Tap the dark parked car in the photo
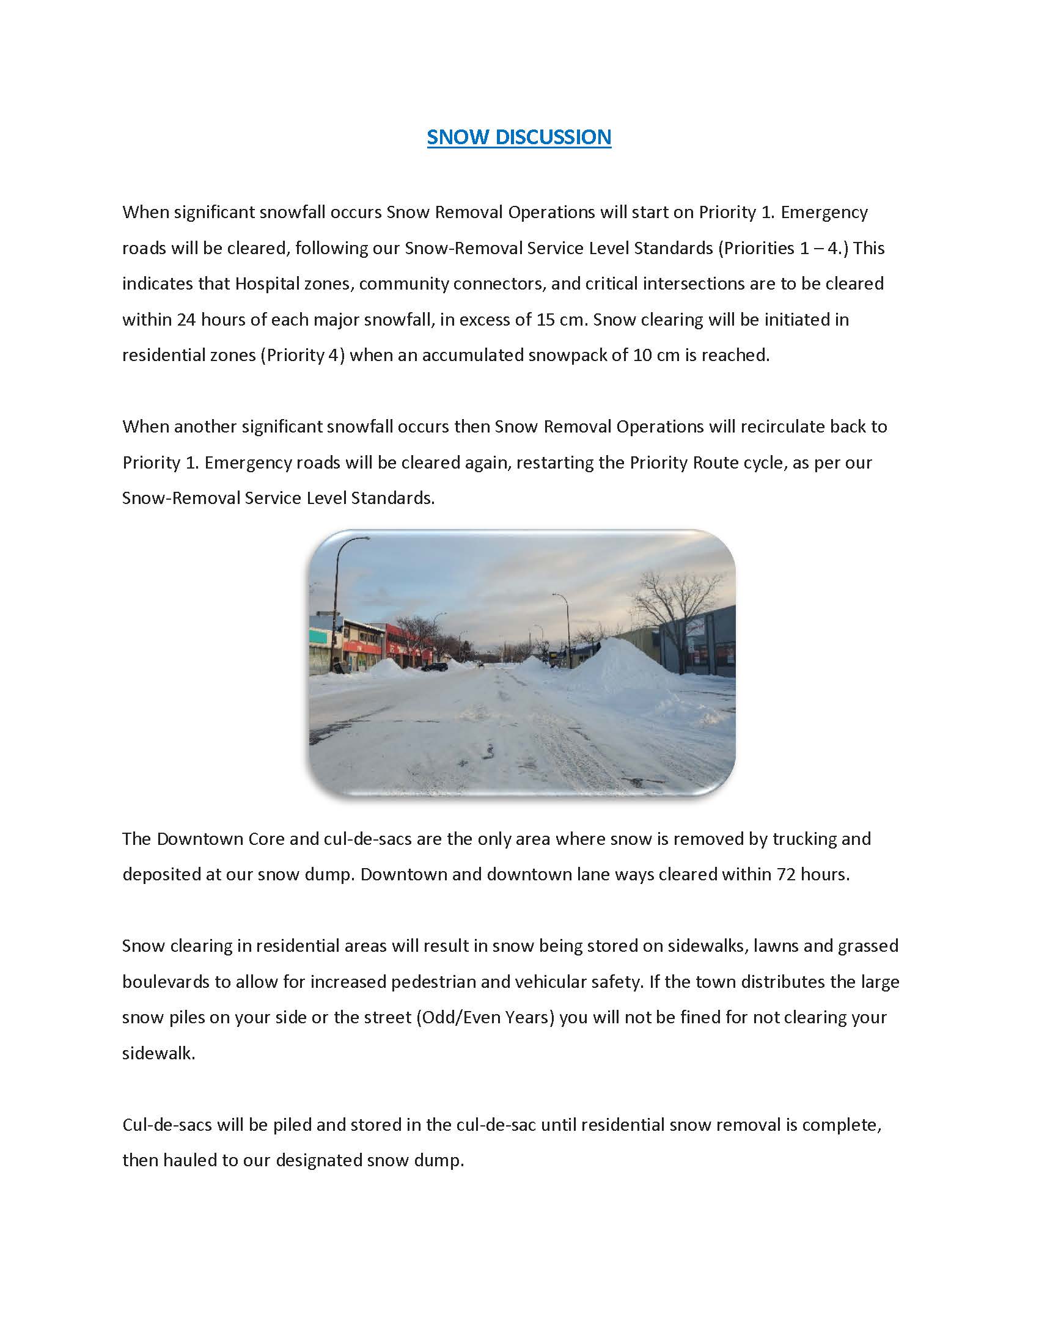coord(435,667)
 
